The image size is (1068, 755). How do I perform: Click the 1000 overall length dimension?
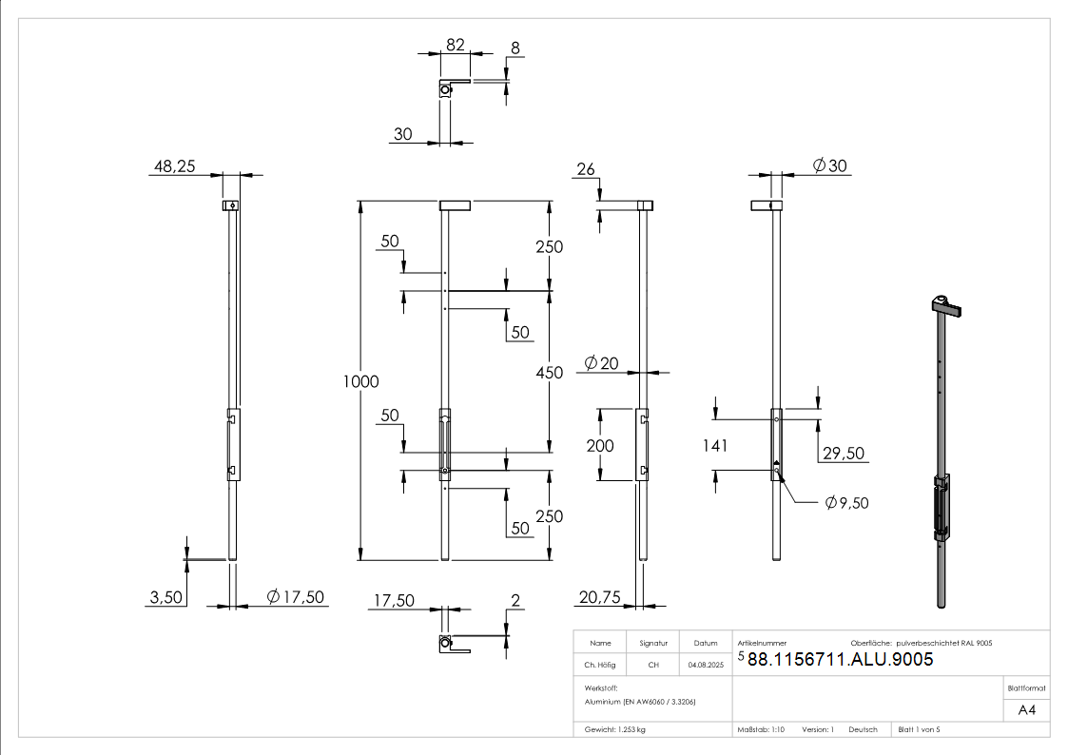[x=360, y=381]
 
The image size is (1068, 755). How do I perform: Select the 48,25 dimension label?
[x=174, y=166]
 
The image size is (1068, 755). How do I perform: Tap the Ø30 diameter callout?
[x=829, y=165]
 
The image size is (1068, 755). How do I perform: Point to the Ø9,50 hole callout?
[x=846, y=503]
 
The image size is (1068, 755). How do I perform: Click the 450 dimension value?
[x=549, y=373]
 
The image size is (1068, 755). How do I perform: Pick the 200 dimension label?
[x=600, y=446]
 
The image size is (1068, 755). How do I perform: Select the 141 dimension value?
[x=715, y=446]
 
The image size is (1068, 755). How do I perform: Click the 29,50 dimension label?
[x=844, y=454]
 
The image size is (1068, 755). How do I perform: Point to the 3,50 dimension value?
[x=166, y=597]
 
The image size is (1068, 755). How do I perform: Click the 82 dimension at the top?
[x=455, y=45]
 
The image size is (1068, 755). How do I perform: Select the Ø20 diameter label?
[x=601, y=363]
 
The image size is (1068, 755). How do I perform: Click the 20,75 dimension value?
[x=599, y=597]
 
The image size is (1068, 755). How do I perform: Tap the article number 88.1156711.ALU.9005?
[x=840, y=659]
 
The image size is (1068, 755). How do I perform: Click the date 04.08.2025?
[x=706, y=665]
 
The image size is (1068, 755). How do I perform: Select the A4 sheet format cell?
[x=1026, y=710]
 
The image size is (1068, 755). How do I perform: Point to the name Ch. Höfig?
[x=599, y=665]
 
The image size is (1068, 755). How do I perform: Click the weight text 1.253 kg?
[x=631, y=730]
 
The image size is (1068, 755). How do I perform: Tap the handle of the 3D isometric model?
[x=950, y=310]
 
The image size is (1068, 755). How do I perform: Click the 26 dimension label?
[x=586, y=169]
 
